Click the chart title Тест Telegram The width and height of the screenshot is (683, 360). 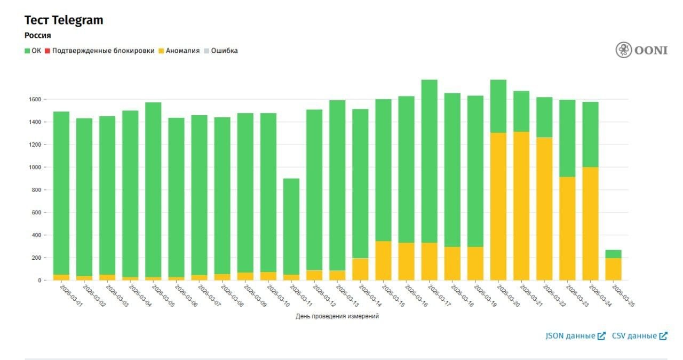tap(63, 20)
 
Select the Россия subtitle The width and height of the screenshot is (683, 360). tap(38, 36)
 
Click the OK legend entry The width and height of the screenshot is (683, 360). tap(33, 51)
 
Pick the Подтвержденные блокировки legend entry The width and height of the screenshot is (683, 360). tap(99, 51)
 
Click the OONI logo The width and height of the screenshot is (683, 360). tap(641, 50)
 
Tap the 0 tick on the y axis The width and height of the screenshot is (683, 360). tap(39, 281)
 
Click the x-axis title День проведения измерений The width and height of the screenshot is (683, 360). tap(337, 316)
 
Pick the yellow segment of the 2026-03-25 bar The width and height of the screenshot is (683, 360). tap(613, 269)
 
